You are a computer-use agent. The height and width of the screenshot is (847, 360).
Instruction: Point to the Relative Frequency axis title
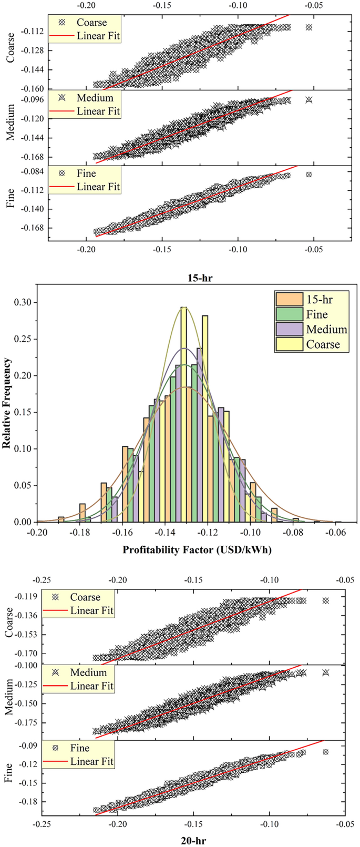point(7,403)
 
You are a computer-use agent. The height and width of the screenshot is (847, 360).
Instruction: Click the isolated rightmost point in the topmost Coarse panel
point(309,27)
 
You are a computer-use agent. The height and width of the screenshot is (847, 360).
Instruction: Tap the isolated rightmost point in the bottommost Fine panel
point(325,752)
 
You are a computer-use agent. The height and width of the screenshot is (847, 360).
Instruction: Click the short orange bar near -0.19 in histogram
point(61,519)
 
